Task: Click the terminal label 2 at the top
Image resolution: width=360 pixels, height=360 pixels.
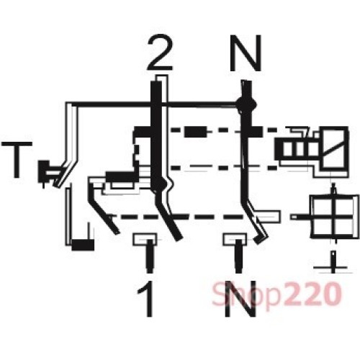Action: [x=160, y=53]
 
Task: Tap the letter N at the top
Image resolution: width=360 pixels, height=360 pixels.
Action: [x=246, y=53]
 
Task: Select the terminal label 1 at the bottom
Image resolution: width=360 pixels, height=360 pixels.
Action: [x=147, y=299]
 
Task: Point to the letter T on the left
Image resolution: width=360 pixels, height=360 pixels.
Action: [x=17, y=159]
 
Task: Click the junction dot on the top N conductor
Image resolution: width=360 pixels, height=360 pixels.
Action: [x=246, y=104]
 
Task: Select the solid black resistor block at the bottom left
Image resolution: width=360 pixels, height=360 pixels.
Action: [x=83, y=245]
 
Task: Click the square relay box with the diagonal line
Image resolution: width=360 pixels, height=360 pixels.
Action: [x=334, y=148]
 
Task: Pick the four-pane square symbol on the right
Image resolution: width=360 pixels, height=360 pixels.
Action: [x=333, y=217]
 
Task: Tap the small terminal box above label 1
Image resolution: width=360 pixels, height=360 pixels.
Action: [x=145, y=239]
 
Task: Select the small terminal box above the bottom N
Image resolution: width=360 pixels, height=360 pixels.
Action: [x=235, y=239]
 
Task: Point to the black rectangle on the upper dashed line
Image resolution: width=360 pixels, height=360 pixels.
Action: [x=196, y=132]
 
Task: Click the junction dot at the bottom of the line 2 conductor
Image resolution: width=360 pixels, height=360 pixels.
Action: [x=161, y=184]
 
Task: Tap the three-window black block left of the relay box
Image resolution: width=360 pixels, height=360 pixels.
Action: [x=297, y=149]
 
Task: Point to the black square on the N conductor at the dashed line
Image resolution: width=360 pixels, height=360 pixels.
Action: [x=253, y=131]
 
